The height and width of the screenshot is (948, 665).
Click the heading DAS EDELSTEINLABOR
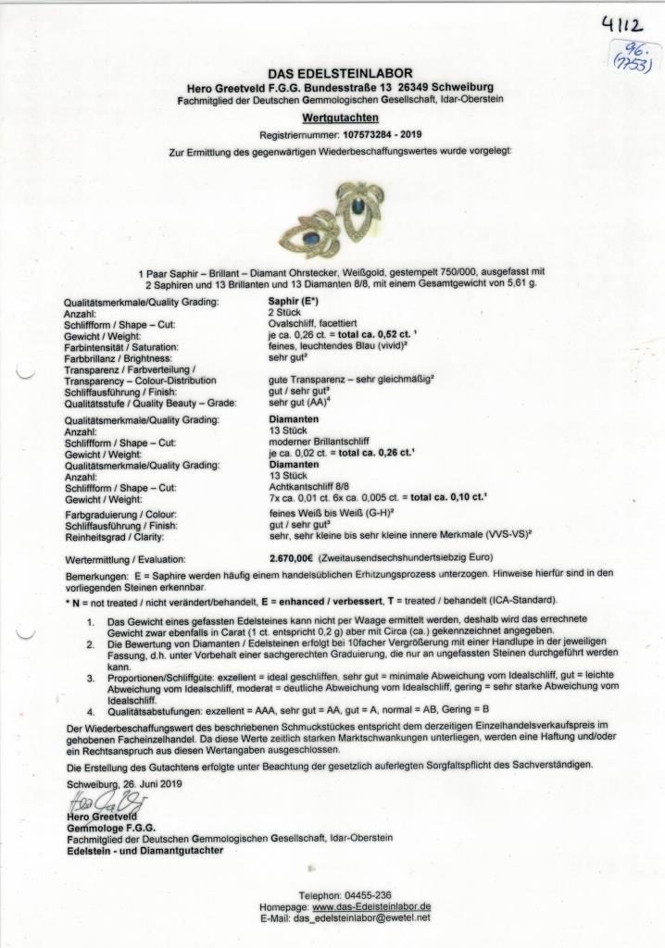pyautogui.click(x=340, y=72)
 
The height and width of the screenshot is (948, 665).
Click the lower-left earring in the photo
pyautogui.click(x=315, y=237)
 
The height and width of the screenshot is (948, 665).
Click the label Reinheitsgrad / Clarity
pyautogui.click(x=121, y=534)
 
